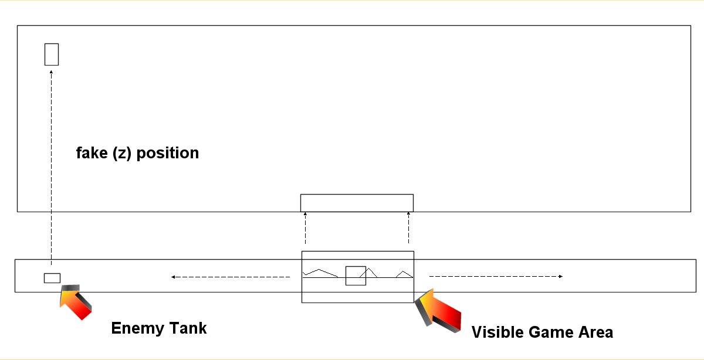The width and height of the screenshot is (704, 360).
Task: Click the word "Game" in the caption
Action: pos(549,332)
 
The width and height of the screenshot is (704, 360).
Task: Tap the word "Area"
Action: pos(594,332)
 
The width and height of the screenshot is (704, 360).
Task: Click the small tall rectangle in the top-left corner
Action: pos(52,54)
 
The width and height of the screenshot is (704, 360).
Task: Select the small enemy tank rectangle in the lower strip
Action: pos(52,278)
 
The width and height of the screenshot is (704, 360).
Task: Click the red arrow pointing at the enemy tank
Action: pos(76,301)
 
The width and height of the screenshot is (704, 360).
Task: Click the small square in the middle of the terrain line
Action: pos(356,276)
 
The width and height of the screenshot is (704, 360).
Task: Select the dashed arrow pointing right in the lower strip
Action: pos(496,276)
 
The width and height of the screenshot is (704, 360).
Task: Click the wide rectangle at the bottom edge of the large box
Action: pos(357,203)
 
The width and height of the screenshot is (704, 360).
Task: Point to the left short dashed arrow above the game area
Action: pos(305,229)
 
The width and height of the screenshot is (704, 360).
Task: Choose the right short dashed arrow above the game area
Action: pos(408,229)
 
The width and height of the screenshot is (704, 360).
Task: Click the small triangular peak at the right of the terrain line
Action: pos(404,274)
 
